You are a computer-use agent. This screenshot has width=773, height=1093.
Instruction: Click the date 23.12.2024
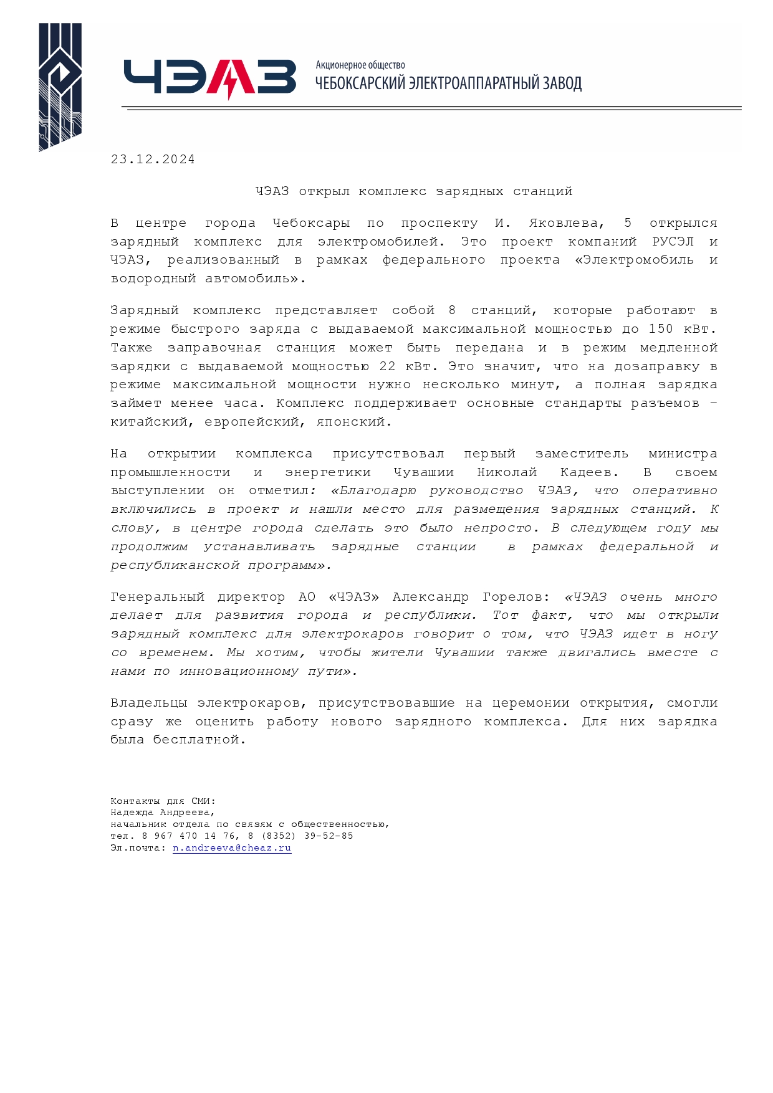pos(153,160)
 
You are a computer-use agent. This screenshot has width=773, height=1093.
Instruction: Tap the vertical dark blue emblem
pos(60,87)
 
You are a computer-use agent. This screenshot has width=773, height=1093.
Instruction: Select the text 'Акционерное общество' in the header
pos(360,65)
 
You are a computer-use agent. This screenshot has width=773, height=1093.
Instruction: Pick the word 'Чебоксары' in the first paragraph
pos(311,223)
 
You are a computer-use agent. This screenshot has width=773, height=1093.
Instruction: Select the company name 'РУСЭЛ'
pos(672,242)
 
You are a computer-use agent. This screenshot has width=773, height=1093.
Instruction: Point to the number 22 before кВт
pos(387,366)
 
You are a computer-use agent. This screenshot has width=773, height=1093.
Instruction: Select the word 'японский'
pos(353,422)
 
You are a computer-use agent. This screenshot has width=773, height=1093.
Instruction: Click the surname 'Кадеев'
pos(585,472)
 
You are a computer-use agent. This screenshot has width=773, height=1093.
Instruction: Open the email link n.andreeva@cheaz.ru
pos(232,848)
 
